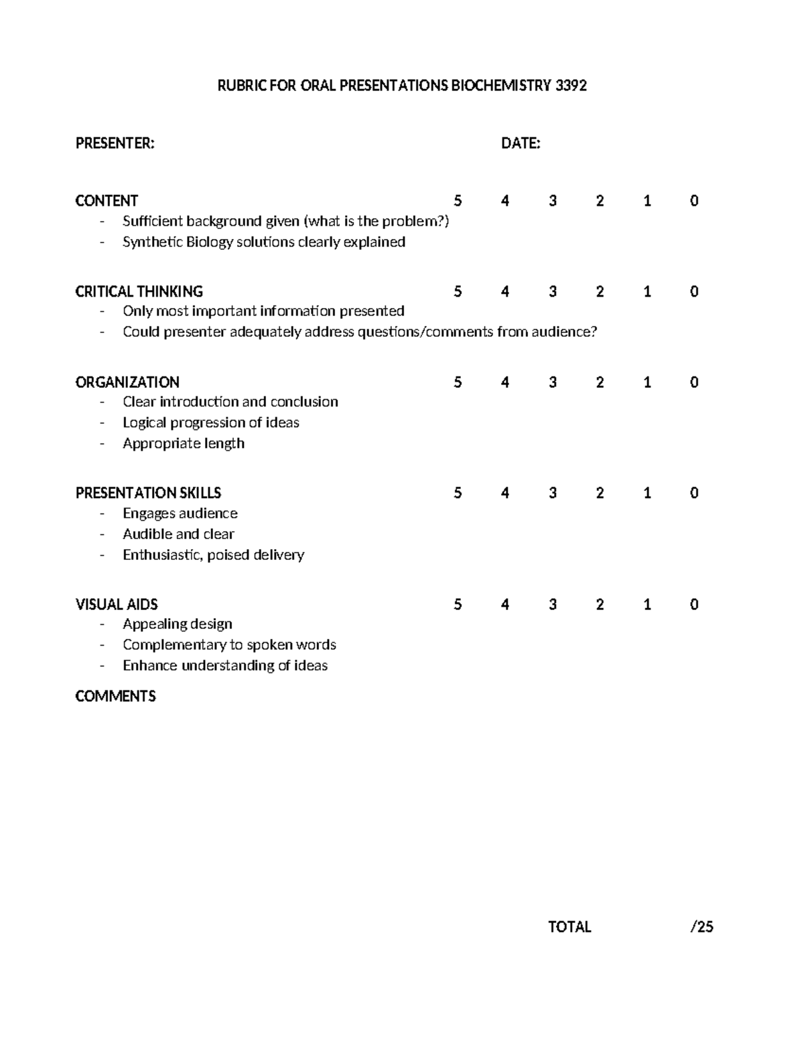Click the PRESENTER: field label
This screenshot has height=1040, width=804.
(x=115, y=143)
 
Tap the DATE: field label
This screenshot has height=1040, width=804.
(x=521, y=143)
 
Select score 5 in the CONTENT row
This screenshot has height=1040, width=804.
(x=458, y=201)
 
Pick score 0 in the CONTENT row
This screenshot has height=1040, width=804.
(x=694, y=201)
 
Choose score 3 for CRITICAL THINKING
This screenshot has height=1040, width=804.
(x=553, y=291)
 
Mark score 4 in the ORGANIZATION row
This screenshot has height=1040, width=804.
(x=505, y=382)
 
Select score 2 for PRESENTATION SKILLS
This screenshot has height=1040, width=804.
(x=600, y=494)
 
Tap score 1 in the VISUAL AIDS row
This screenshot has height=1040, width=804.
(x=647, y=605)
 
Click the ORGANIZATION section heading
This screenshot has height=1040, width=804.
(x=127, y=382)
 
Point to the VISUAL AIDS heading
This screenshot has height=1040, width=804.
(x=117, y=605)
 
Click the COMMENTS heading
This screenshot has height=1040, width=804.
(x=115, y=696)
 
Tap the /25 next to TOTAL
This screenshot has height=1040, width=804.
(x=701, y=927)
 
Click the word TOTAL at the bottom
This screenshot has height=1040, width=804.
(x=569, y=927)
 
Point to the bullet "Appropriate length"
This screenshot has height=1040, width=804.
(x=184, y=443)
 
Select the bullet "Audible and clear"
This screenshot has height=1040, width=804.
(x=178, y=534)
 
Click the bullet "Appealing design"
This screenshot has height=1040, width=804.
(x=178, y=624)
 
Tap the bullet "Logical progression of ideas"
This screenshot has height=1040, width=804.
(x=211, y=423)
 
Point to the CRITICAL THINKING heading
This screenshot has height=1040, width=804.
(x=139, y=291)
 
